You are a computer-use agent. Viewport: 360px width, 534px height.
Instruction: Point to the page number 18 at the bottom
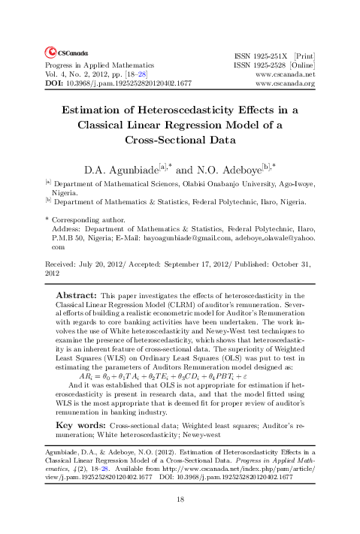pyautogui.click(x=180, y=499)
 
